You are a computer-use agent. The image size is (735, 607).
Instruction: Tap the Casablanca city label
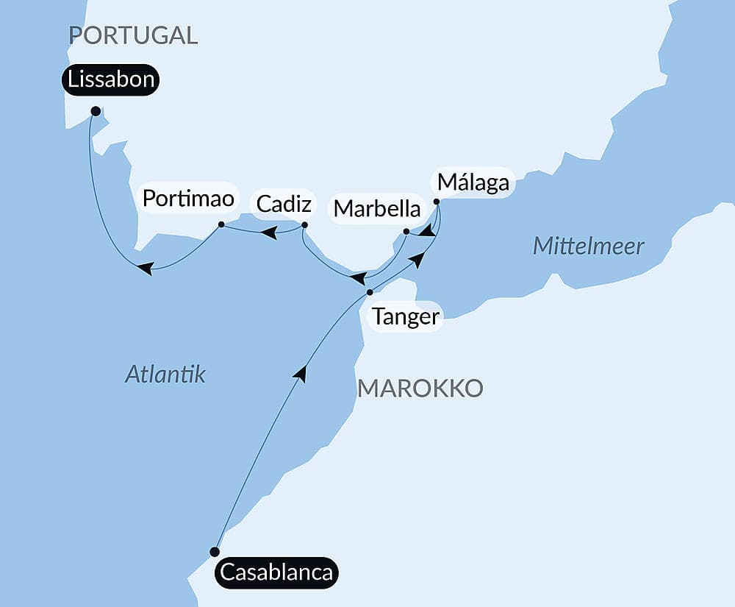pyautogui.click(x=276, y=572)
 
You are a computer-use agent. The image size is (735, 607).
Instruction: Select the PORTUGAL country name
pyautogui.click(x=133, y=35)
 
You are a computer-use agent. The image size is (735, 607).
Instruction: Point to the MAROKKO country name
pyautogui.click(x=420, y=388)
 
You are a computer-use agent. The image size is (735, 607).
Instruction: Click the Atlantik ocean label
pyautogui.click(x=165, y=375)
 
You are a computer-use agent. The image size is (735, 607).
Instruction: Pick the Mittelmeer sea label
pyautogui.click(x=588, y=246)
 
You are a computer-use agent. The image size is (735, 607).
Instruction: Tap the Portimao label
pyautogui.click(x=188, y=198)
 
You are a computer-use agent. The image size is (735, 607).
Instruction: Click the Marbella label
pyautogui.click(x=377, y=208)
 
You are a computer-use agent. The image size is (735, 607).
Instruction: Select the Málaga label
pyautogui.click(x=473, y=182)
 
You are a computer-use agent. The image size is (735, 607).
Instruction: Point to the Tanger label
pyautogui.click(x=405, y=317)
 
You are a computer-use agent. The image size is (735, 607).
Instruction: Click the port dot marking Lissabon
pyautogui.click(x=96, y=111)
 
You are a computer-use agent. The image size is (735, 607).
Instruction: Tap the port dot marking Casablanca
pyautogui.click(x=215, y=552)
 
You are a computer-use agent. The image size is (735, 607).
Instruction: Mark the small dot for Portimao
pyautogui.click(x=221, y=224)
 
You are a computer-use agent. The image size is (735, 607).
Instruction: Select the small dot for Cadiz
pyautogui.click(x=305, y=224)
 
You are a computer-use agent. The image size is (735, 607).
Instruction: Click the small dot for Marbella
pyautogui.click(x=406, y=232)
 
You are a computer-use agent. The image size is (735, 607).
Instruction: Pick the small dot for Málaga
pyautogui.click(x=437, y=202)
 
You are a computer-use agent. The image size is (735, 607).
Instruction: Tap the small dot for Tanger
pyautogui.click(x=370, y=293)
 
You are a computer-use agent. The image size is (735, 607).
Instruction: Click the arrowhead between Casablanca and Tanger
pyautogui.click(x=300, y=373)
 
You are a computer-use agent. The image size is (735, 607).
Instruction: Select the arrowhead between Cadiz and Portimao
pyautogui.click(x=270, y=232)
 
